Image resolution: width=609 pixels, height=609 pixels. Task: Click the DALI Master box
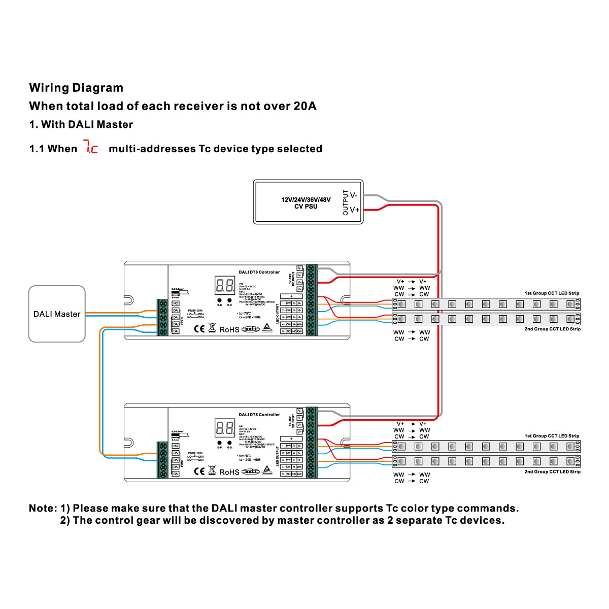point(57,314)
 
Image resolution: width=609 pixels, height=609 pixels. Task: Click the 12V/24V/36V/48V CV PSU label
point(306,203)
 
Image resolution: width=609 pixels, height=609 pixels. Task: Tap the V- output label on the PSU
point(354,195)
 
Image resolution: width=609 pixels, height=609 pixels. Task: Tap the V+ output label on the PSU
point(354,210)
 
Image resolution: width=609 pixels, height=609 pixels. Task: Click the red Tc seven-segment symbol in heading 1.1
point(91,148)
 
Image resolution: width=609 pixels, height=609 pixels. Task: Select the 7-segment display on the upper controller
point(225,285)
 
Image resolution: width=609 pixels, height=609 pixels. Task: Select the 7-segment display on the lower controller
point(225,428)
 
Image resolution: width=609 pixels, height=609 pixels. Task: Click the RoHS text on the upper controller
point(229,329)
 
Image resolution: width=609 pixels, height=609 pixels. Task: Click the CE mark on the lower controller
point(199,471)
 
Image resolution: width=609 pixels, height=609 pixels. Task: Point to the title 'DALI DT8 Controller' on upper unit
point(259,272)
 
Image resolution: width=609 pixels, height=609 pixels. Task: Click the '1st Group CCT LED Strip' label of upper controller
point(552,293)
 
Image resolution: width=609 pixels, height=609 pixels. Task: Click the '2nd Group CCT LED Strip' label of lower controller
point(552,472)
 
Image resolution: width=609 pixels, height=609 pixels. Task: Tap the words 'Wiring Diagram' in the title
point(76,88)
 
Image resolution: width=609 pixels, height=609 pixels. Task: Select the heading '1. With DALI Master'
point(81,124)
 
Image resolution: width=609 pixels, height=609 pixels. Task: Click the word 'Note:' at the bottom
point(43,509)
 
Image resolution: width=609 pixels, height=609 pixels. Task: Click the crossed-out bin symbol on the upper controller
point(212,328)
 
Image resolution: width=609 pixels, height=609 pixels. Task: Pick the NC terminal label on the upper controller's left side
point(176,303)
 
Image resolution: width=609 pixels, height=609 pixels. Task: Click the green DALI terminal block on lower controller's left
point(163,460)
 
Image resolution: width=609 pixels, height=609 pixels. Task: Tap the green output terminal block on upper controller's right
point(311,299)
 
